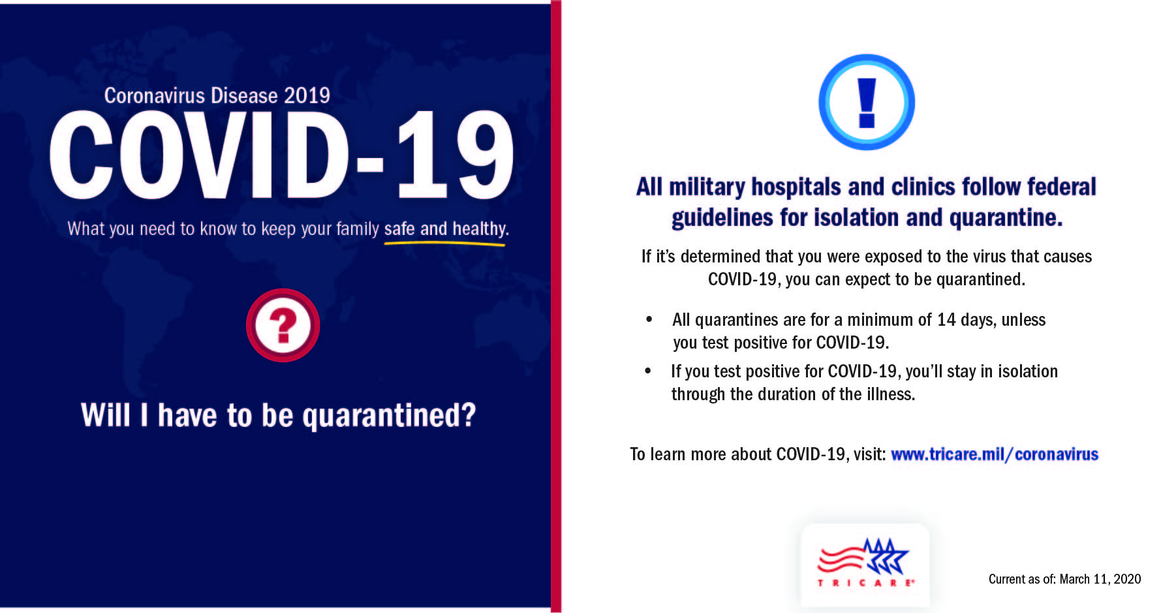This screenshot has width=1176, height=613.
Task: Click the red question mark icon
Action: point(283,325)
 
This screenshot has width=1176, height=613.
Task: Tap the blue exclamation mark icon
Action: point(867,102)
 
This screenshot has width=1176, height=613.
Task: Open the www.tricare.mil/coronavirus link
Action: point(994,454)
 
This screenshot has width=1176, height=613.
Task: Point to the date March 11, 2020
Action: point(1100,579)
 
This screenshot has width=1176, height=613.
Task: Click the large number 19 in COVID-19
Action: point(454,157)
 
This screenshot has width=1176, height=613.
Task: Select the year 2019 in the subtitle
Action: point(306,96)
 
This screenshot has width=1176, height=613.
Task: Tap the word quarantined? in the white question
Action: point(389,416)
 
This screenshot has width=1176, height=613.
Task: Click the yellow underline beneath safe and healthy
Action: point(444,244)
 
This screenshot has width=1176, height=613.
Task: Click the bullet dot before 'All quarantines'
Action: point(649,319)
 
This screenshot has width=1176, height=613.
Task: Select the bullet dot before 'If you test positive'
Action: point(647,371)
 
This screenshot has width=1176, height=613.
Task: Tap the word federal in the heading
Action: point(1061,187)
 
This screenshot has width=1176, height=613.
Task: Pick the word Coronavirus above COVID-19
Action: point(146,96)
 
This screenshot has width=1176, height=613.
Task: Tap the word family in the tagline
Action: point(357,229)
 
